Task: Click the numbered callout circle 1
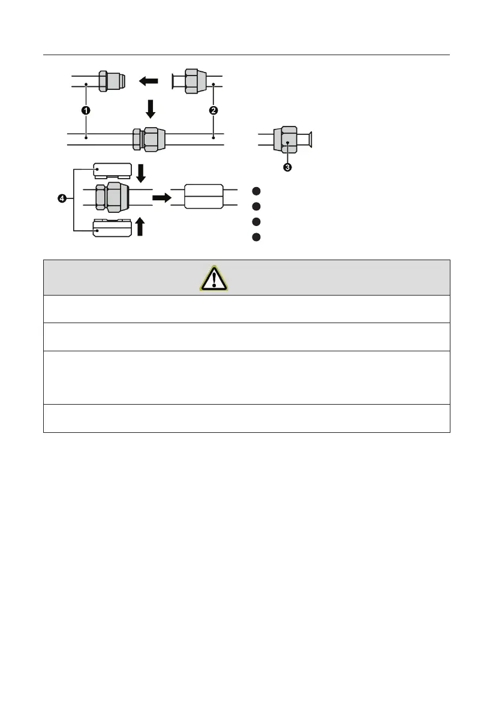86,111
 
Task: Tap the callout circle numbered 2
214,111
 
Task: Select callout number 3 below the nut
288,168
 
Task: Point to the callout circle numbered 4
61,198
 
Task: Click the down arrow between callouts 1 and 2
151,109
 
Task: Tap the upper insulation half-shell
113,171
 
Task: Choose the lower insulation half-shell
113,228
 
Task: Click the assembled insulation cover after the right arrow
203,197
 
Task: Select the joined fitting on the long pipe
146,138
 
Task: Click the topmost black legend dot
256,191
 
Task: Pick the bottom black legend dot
256,236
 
